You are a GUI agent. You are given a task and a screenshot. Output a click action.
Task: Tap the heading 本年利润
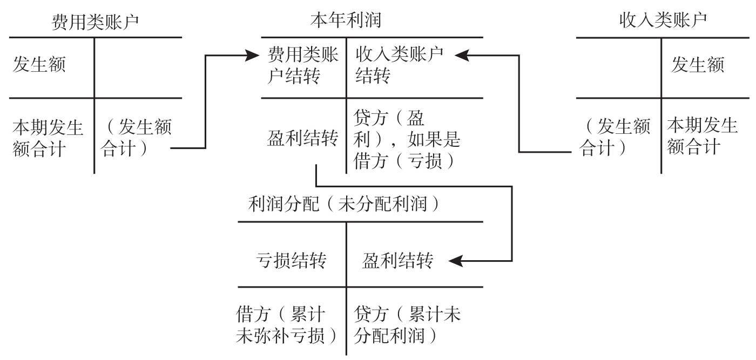tap(346, 20)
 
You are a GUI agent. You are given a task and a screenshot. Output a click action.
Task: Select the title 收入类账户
tap(664, 21)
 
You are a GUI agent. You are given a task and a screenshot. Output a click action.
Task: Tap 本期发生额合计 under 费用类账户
tap(48, 138)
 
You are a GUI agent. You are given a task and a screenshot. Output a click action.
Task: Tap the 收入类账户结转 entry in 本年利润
tap(399, 66)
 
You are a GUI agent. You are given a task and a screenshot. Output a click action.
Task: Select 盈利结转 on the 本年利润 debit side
tap(302, 139)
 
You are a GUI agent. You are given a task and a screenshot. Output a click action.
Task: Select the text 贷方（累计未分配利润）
tap(408, 326)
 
